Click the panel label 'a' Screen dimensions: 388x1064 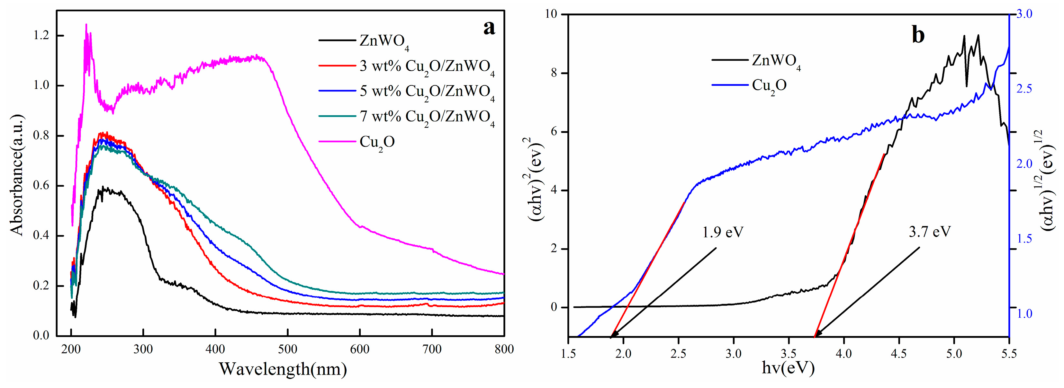coord(489,28)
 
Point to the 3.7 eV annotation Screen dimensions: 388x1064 coord(930,232)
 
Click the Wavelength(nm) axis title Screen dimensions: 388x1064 coord(283,369)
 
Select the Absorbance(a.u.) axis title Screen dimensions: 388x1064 coord(17,175)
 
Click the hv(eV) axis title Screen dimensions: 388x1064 coord(788,368)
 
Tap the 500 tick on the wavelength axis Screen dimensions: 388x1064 coord(287,349)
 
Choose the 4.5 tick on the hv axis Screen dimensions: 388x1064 coord(899,354)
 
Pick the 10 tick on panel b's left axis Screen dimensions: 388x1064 coord(551,14)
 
